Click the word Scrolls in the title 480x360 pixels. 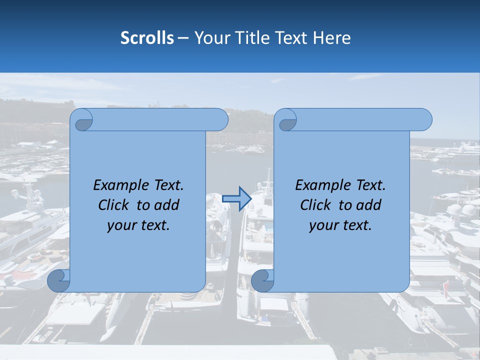pos(147,38)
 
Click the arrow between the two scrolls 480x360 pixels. pos(236,199)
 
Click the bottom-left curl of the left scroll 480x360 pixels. pos(58,280)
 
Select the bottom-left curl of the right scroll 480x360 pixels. pos(262,280)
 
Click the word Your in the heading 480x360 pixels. pos(210,38)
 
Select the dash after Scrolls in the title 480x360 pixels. pos(183,38)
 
